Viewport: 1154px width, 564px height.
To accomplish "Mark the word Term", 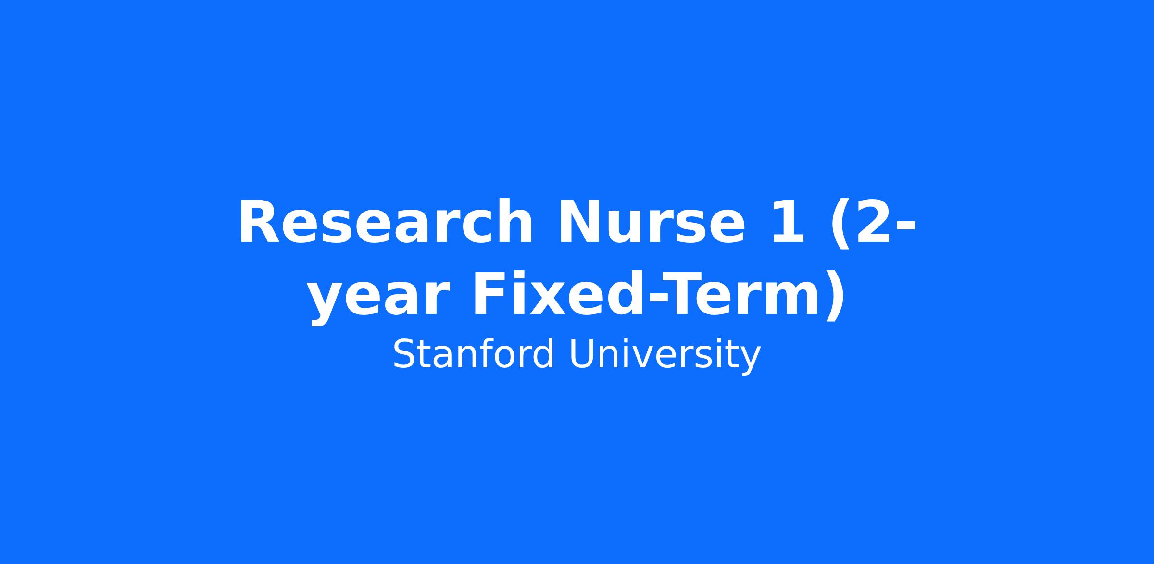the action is (740, 294).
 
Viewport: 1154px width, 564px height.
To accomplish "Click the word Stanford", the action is (474, 354).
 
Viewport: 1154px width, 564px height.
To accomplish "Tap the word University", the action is (665, 356).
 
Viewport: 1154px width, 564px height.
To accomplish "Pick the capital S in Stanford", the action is (403, 354).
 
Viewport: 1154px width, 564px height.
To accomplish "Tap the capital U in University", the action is (581, 354).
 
